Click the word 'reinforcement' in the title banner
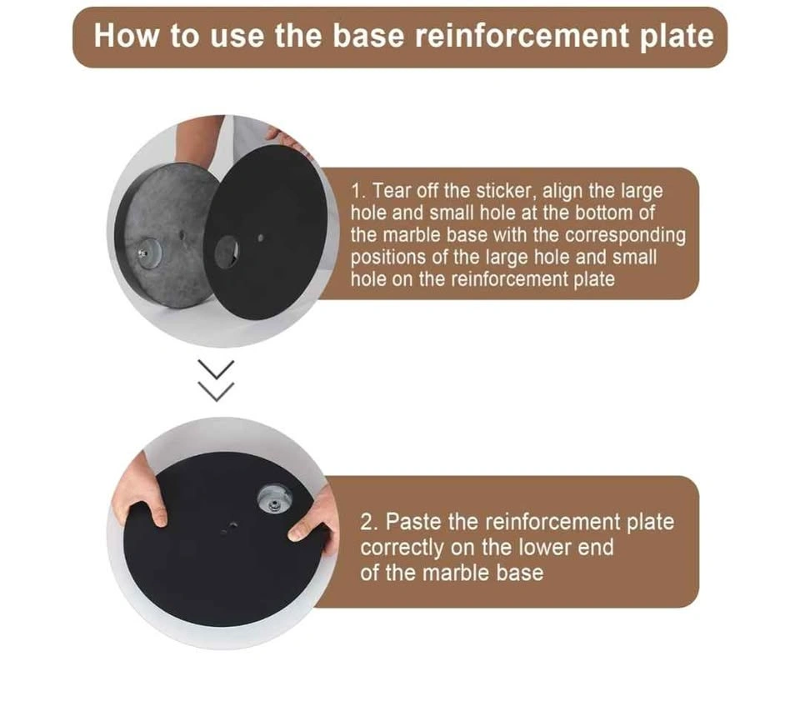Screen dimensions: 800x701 (522, 36)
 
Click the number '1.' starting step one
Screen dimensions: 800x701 (358, 191)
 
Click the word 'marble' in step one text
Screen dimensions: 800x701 (411, 235)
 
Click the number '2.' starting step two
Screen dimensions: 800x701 (369, 522)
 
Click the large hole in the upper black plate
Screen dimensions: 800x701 (227, 252)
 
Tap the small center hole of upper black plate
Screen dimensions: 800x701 (261, 238)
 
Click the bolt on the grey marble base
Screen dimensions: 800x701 (142, 253)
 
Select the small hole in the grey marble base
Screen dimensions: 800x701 (182, 235)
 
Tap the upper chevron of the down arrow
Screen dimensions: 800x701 (217, 369)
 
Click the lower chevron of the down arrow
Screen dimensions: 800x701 (217, 391)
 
